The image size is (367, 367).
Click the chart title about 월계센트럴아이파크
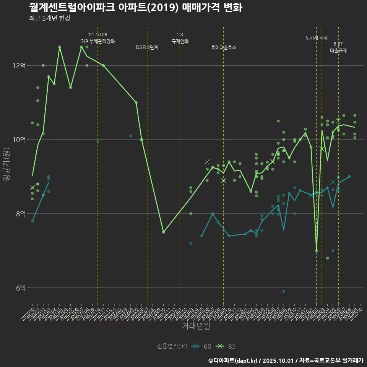pyautogui.click(x=135, y=8)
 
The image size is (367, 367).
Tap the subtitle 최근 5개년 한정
pyautogui.click(x=49, y=18)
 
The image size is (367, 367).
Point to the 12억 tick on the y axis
pyautogui.click(x=19, y=66)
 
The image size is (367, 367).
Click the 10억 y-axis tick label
pyautogui.click(x=19, y=140)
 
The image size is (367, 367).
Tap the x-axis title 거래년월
pyautogui.click(x=195, y=326)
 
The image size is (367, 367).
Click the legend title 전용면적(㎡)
pyautogui.click(x=172, y=346)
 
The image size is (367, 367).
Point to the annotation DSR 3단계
pyautogui.click(x=147, y=47)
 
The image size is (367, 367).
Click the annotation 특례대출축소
pyautogui.click(x=224, y=47)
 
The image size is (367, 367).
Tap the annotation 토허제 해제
pyautogui.click(x=317, y=38)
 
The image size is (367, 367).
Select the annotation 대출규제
pyautogui.click(x=338, y=50)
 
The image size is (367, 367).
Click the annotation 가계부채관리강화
pyautogui.click(x=98, y=41)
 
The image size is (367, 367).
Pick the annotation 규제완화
pyautogui.click(x=180, y=41)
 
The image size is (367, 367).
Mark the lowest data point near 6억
pyautogui.click(x=284, y=291)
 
